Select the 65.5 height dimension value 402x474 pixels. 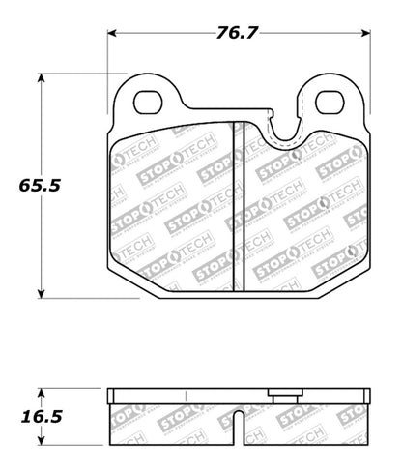[39, 183]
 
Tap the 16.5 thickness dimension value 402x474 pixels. [40, 417]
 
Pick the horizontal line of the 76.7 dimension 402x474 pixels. [174, 34]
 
